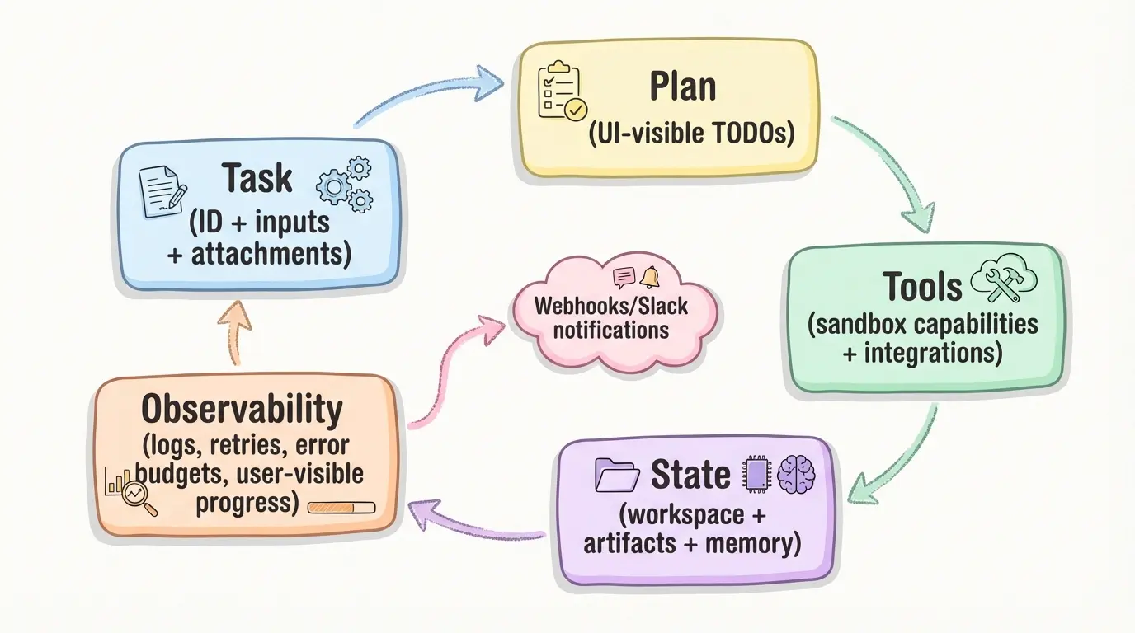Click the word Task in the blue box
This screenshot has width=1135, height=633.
pos(257,178)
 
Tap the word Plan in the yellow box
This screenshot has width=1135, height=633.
pos(682,87)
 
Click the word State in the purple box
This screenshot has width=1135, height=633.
pos(690,475)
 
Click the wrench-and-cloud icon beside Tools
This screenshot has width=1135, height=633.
pos(1003,281)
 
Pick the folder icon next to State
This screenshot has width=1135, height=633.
pos(617,476)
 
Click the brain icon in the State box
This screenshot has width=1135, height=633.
pos(796,475)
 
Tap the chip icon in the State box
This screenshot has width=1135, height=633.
pos(756,475)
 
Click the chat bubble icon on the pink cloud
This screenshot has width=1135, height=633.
pos(624,278)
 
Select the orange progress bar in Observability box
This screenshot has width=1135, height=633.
pos(341,507)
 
